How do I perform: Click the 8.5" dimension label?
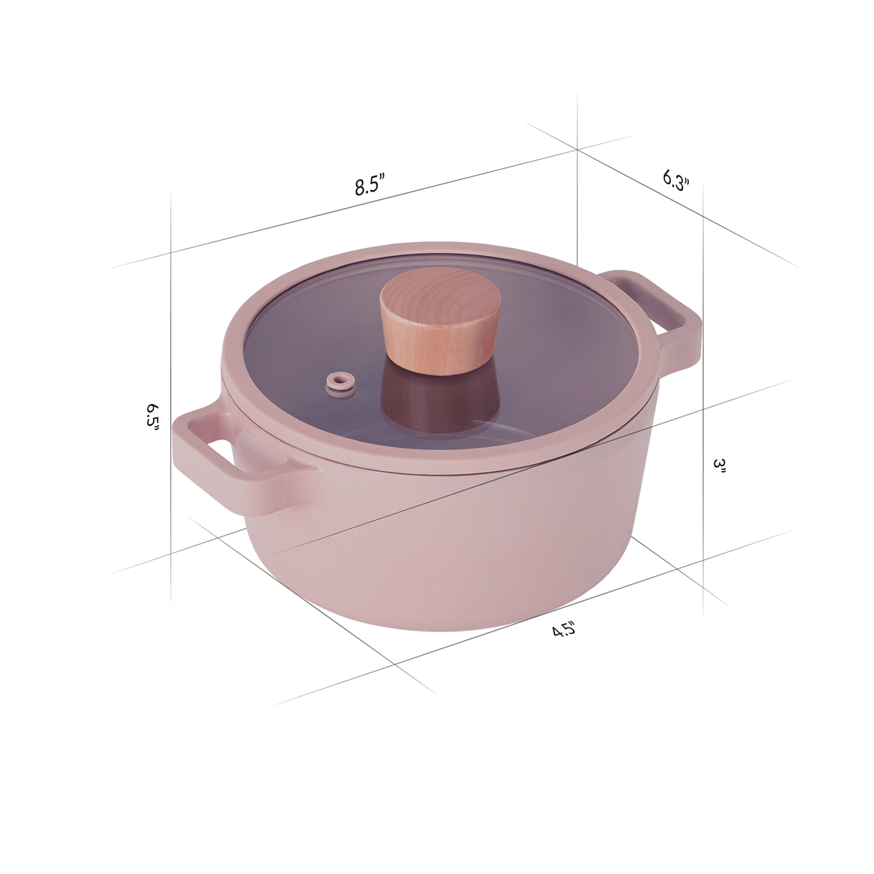click(x=370, y=184)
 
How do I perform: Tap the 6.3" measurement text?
click(x=676, y=180)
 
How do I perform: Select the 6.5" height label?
click(x=152, y=416)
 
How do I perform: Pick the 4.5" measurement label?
click(x=563, y=630)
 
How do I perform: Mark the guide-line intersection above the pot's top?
click(x=577, y=148)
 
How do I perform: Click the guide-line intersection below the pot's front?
click(x=396, y=665)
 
